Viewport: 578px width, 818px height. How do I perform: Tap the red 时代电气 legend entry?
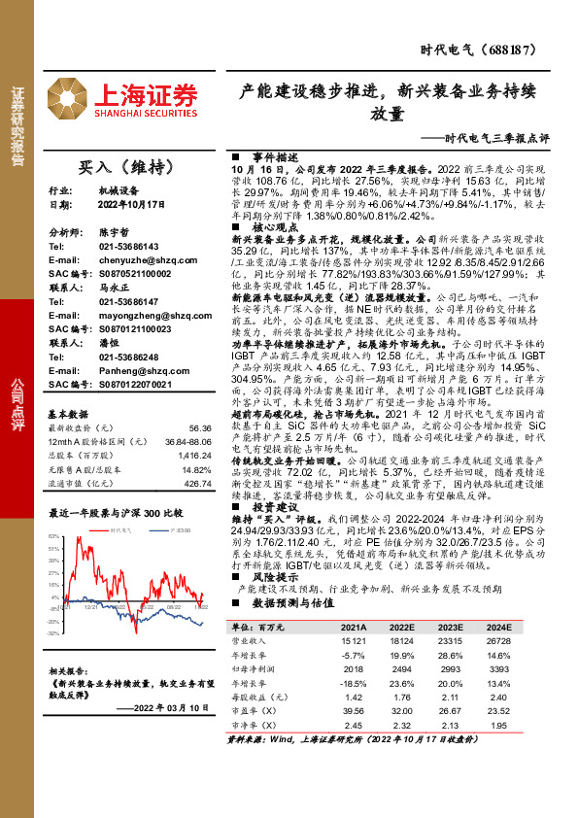click(122, 531)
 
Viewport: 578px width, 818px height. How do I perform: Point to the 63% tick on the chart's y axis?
click(55, 534)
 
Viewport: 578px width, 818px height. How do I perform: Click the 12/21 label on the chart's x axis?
click(90, 605)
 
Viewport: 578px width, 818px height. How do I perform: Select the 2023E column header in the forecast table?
click(450, 629)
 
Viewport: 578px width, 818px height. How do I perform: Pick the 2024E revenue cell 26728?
click(496, 641)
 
